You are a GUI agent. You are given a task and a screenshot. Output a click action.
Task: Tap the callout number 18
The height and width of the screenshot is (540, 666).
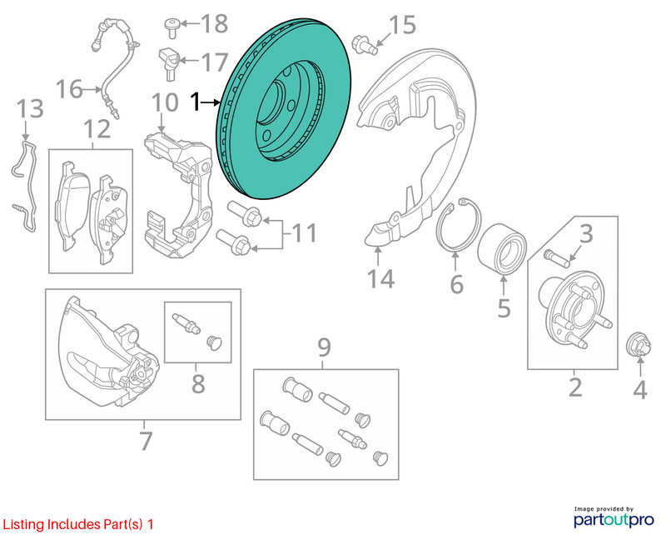pos(215,23)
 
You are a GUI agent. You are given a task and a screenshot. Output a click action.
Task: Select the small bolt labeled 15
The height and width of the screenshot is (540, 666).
pos(365,45)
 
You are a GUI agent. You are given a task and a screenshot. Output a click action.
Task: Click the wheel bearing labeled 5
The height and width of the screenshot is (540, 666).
pos(502,248)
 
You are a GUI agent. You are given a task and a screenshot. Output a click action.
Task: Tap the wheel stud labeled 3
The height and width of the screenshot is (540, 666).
pos(556,258)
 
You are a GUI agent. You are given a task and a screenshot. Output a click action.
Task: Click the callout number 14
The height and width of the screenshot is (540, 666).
pos(380,279)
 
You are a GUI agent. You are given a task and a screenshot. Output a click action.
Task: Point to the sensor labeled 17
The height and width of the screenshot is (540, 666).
pos(170,63)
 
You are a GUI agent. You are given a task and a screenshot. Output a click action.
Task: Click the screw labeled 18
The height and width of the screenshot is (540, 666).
pos(172,27)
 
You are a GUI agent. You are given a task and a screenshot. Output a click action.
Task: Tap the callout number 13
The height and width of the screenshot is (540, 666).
pos(30,108)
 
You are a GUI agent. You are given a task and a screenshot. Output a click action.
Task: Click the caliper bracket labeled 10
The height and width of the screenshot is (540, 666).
pos(178,196)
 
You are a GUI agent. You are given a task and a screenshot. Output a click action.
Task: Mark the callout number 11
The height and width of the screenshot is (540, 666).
pos(304,233)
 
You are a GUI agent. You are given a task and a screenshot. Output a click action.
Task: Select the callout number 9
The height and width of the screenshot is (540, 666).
pos(324,347)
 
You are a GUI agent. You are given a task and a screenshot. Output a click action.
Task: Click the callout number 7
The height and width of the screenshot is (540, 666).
pos(146,441)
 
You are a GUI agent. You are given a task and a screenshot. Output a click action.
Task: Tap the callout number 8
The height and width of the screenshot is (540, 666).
pos(198,384)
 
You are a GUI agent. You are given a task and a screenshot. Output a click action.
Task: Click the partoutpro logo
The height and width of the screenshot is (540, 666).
pos(614,517)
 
